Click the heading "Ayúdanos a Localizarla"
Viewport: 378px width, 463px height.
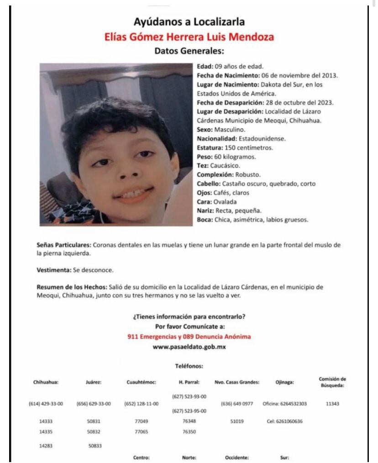pyautogui.click(x=189, y=21)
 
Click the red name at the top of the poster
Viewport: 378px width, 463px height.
pyautogui.click(x=189, y=37)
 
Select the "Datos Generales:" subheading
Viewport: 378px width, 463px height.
pyautogui.click(x=189, y=51)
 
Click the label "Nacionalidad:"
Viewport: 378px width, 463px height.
pyautogui.click(x=216, y=138)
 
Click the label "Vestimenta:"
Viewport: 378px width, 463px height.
pyautogui.click(x=54, y=270)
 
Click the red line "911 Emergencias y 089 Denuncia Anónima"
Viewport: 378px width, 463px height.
pyautogui.click(x=189, y=337)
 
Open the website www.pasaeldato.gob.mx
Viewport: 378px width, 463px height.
pyautogui.click(x=189, y=347)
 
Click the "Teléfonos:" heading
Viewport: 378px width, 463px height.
pyautogui.click(x=189, y=366)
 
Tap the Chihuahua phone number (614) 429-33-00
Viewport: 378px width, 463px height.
pyautogui.click(x=46, y=404)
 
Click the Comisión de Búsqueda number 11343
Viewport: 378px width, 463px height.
pyautogui.click(x=332, y=404)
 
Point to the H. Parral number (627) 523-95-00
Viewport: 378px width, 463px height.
pyautogui.click(x=189, y=411)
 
